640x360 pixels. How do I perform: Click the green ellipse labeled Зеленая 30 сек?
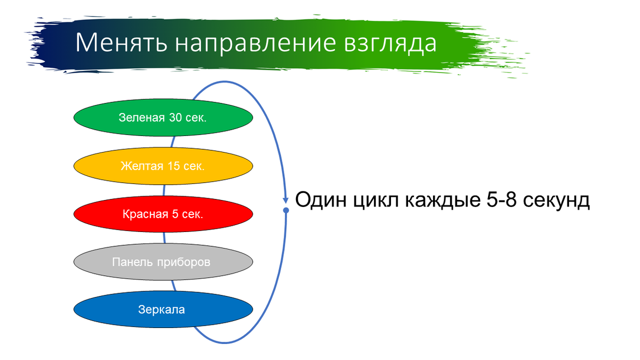click(x=163, y=117)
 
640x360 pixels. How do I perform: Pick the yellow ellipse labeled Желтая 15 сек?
click(x=163, y=166)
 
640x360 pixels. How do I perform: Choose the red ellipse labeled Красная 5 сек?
click(x=163, y=214)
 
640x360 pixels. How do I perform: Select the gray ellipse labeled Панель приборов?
click(x=163, y=262)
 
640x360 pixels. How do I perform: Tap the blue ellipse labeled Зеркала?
click(x=163, y=309)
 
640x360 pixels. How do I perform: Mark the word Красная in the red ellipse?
click(x=142, y=214)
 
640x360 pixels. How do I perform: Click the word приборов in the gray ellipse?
click(x=183, y=262)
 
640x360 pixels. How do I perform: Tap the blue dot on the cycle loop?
click(x=286, y=211)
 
